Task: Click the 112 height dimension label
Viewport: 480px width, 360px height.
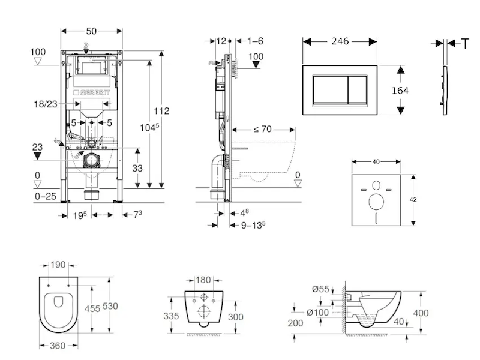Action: point(161,111)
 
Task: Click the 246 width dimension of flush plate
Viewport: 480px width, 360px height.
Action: point(340,42)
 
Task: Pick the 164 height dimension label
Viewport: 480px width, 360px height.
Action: point(400,90)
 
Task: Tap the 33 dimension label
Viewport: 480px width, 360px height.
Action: point(138,169)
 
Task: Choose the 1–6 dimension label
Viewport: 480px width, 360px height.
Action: point(255,41)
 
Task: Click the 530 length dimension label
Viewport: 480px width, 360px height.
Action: point(109,306)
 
